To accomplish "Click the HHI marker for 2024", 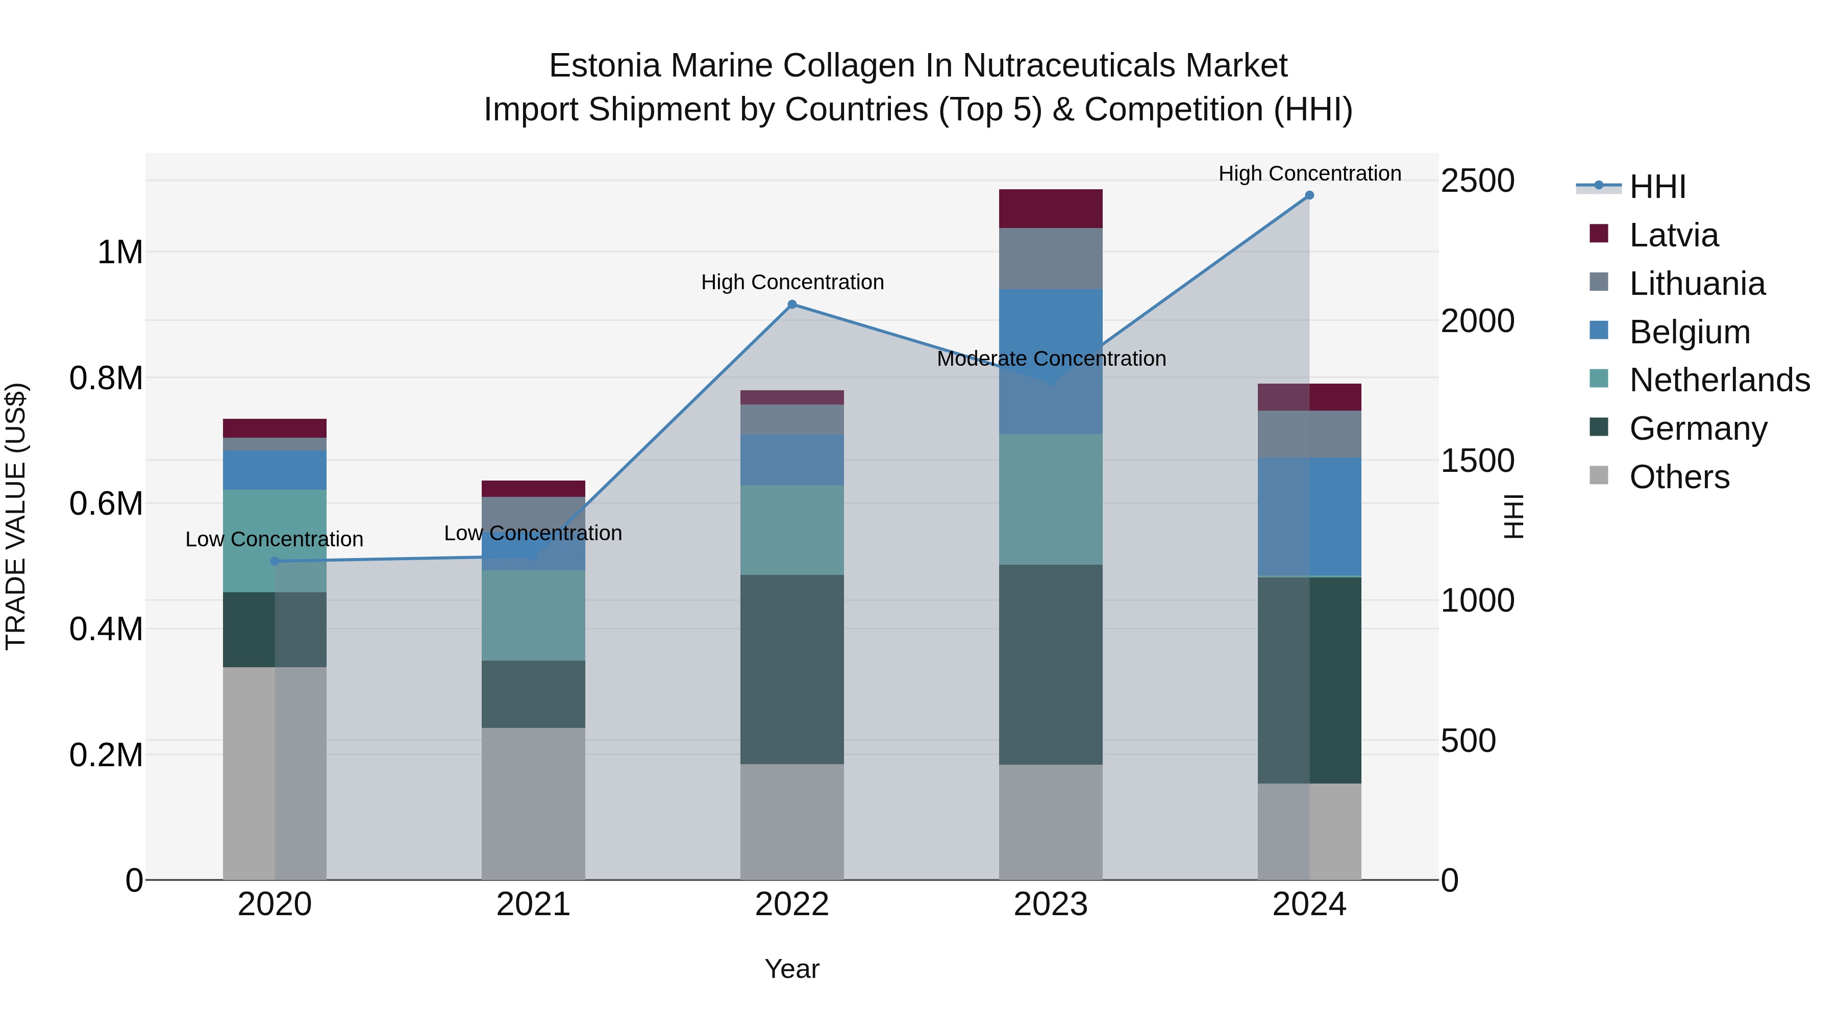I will [1309, 195].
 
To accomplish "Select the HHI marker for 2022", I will [791, 305].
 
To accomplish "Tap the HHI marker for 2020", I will [275, 561].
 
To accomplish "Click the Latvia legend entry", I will [1673, 235].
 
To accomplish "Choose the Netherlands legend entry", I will [1719, 380].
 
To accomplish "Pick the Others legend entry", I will [1679, 477].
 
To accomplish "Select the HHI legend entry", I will [1657, 187].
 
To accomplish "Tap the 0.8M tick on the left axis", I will [106, 378].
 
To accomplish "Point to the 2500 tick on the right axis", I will [1477, 181].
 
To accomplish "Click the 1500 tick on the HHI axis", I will [1477, 461].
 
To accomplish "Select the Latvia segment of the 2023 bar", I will [1051, 209].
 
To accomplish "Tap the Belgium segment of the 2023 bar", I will [1051, 362].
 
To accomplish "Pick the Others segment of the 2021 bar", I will [533, 803].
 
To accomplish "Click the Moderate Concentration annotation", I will [1051, 359].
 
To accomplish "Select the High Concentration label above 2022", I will [792, 282].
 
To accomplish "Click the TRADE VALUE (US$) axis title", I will [16, 516].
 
